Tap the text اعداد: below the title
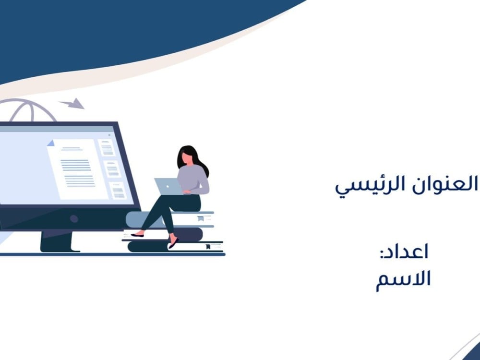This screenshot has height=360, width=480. coord(404,252)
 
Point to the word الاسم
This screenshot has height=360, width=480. coord(403,279)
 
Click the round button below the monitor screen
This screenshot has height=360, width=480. coord(74,218)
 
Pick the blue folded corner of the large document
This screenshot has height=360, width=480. coord(51,143)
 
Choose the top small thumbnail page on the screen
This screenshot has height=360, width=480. coord(107,148)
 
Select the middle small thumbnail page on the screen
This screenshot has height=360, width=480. coord(112,169)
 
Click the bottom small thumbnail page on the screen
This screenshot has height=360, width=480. coord(118,191)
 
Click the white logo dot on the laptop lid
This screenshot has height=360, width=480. coord(167,186)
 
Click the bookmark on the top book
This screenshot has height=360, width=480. coord(201,218)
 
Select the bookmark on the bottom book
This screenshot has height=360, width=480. coord(208,247)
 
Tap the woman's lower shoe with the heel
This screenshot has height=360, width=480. coord(173,243)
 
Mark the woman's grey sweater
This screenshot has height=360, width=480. coord(193,180)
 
